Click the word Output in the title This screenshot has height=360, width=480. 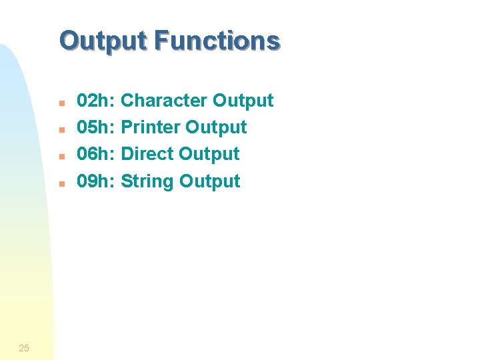[103, 41]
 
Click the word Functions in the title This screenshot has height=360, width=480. [217, 41]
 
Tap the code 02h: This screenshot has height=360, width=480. [97, 101]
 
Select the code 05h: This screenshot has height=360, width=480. [97, 127]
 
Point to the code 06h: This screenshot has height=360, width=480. [97, 154]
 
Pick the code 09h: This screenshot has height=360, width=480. [97, 181]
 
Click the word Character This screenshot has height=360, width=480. [164, 101]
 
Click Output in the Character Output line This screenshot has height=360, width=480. [243, 101]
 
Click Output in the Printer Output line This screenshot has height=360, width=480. [216, 127]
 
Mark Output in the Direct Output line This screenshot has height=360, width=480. [209, 154]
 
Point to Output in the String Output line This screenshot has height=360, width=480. [210, 181]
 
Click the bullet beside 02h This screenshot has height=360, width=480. [60, 103]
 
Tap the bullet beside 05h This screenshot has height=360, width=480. [60, 129]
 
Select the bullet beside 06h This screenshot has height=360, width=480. [60, 156]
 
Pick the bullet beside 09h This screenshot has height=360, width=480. [60, 183]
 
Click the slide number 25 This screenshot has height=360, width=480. [24, 348]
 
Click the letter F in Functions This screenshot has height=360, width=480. [161, 41]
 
